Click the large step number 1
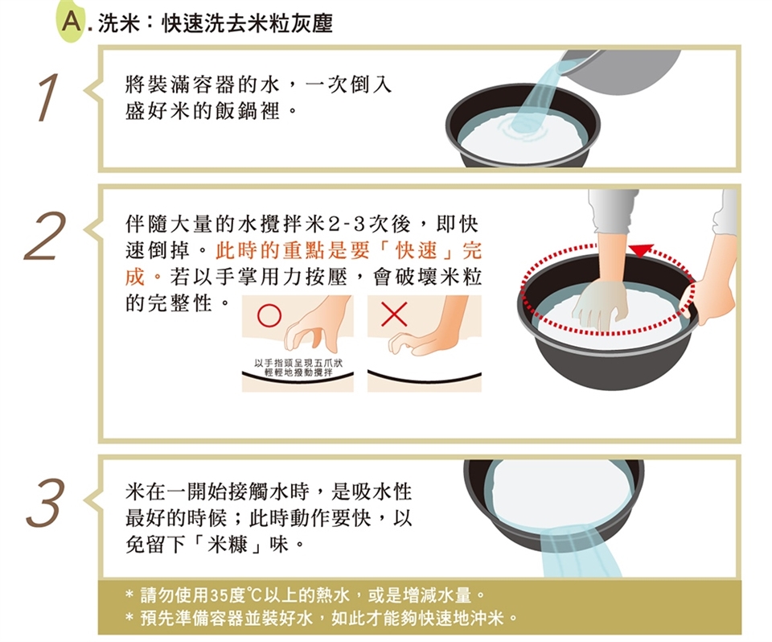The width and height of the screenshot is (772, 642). point(48,97)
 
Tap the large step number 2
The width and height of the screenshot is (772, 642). point(45,236)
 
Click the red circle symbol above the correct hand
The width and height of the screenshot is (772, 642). point(269,315)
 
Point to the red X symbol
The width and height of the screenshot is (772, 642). point(394,314)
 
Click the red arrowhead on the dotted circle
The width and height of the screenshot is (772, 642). point(641,250)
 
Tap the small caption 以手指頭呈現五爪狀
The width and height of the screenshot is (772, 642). point(298,364)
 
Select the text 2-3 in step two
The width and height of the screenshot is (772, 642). point(346,224)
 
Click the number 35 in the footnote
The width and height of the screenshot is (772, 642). point(218,595)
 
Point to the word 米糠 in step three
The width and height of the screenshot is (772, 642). point(228,544)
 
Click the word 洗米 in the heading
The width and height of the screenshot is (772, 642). point(119,23)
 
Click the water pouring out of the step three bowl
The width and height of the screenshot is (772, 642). point(581,551)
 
